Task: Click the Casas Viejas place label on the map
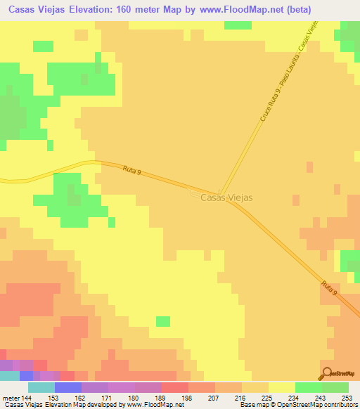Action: [x=226, y=198]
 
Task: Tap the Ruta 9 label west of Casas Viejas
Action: [x=131, y=170]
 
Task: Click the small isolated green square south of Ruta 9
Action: [x=162, y=321]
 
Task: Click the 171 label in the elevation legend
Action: [x=108, y=397]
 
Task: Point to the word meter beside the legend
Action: [x=11, y=397]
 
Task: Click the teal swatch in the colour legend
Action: [x=41, y=387]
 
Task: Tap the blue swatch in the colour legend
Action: [x=68, y=387]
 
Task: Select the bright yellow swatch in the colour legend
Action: [x=281, y=387]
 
